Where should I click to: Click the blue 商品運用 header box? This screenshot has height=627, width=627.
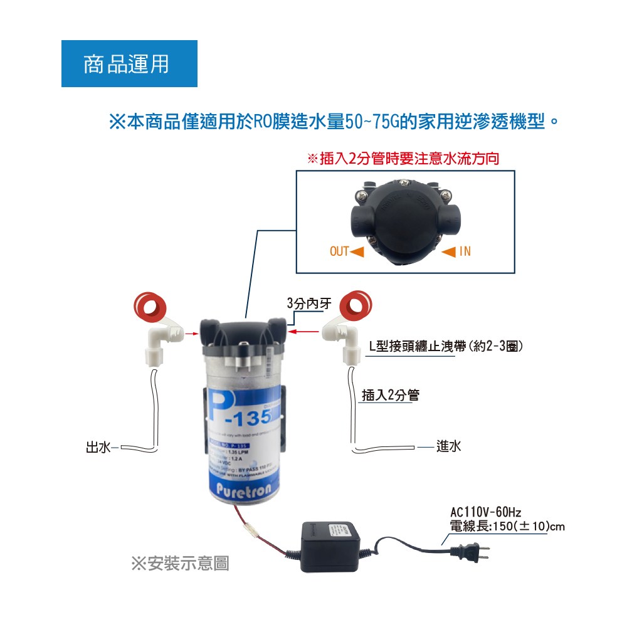[x=129, y=64]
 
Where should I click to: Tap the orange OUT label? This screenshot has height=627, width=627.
[x=339, y=251]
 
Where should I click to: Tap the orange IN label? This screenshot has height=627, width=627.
[x=465, y=251]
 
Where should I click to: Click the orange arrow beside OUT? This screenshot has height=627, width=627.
[x=357, y=251]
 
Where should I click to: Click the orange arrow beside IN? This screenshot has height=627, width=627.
[x=449, y=251]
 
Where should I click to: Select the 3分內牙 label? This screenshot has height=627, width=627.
[x=304, y=303]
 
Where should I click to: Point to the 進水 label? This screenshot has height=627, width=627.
[x=449, y=446]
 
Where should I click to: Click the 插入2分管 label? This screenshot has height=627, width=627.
[x=391, y=395]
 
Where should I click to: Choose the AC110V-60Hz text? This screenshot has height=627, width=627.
[x=486, y=512]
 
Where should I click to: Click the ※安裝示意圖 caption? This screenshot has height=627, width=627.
[x=180, y=564]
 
